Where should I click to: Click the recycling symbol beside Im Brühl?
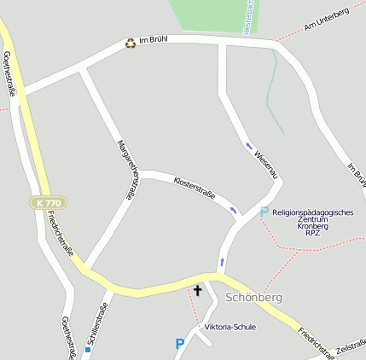click(131, 43)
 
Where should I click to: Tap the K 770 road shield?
click(49, 203)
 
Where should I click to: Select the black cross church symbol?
click(198, 291)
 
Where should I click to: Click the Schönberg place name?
click(254, 298)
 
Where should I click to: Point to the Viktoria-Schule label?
click(229, 327)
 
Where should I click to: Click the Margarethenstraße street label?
click(126, 170)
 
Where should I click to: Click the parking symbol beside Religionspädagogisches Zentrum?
click(264, 212)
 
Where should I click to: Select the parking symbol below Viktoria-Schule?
click(179, 344)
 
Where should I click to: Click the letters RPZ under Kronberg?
click(312, 233)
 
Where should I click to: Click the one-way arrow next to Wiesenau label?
click(249, 146)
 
